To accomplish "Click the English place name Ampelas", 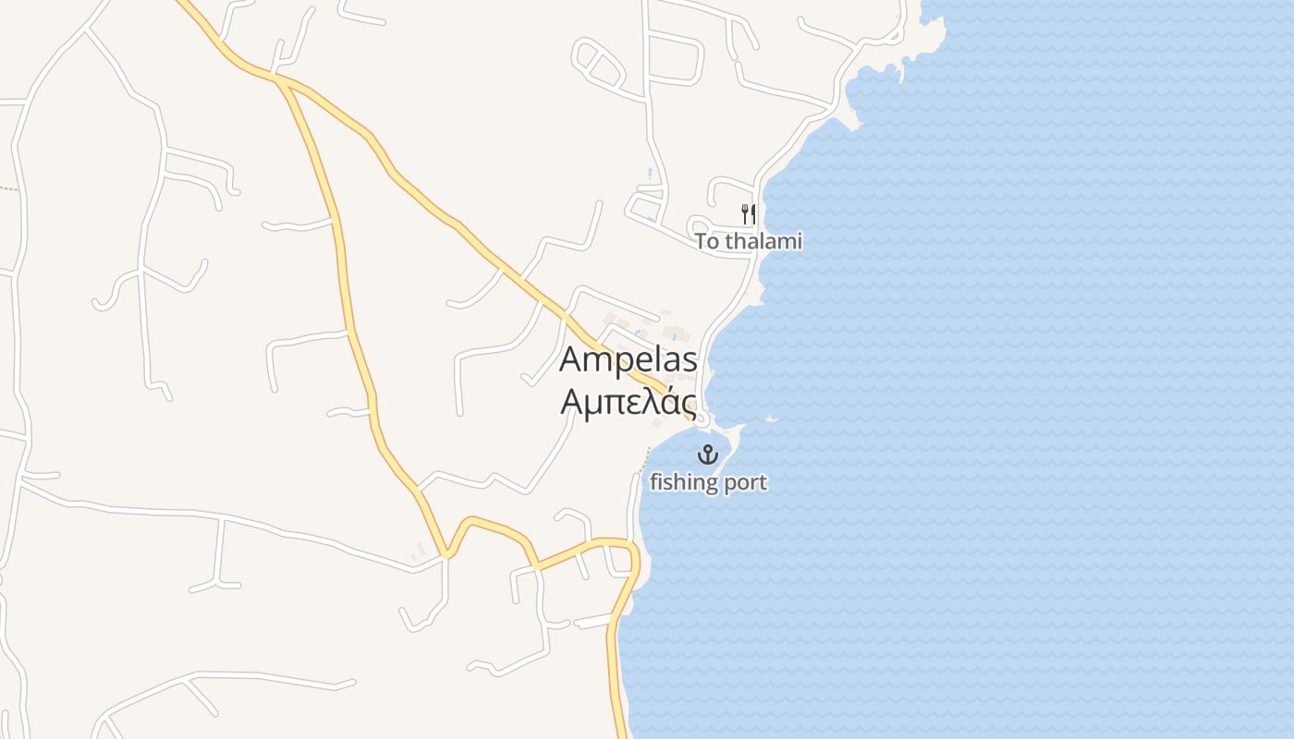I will [628, 359].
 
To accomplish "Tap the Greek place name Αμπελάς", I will [628, 402].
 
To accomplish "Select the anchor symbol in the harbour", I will [707, 454].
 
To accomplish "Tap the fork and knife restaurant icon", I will [748, 214].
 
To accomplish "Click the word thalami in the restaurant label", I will [763, 242].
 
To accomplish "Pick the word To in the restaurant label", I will [707, 242].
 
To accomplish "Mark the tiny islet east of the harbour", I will [773, 418].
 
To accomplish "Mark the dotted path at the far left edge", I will [8, 188].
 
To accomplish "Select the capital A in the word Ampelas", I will [573, 359].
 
